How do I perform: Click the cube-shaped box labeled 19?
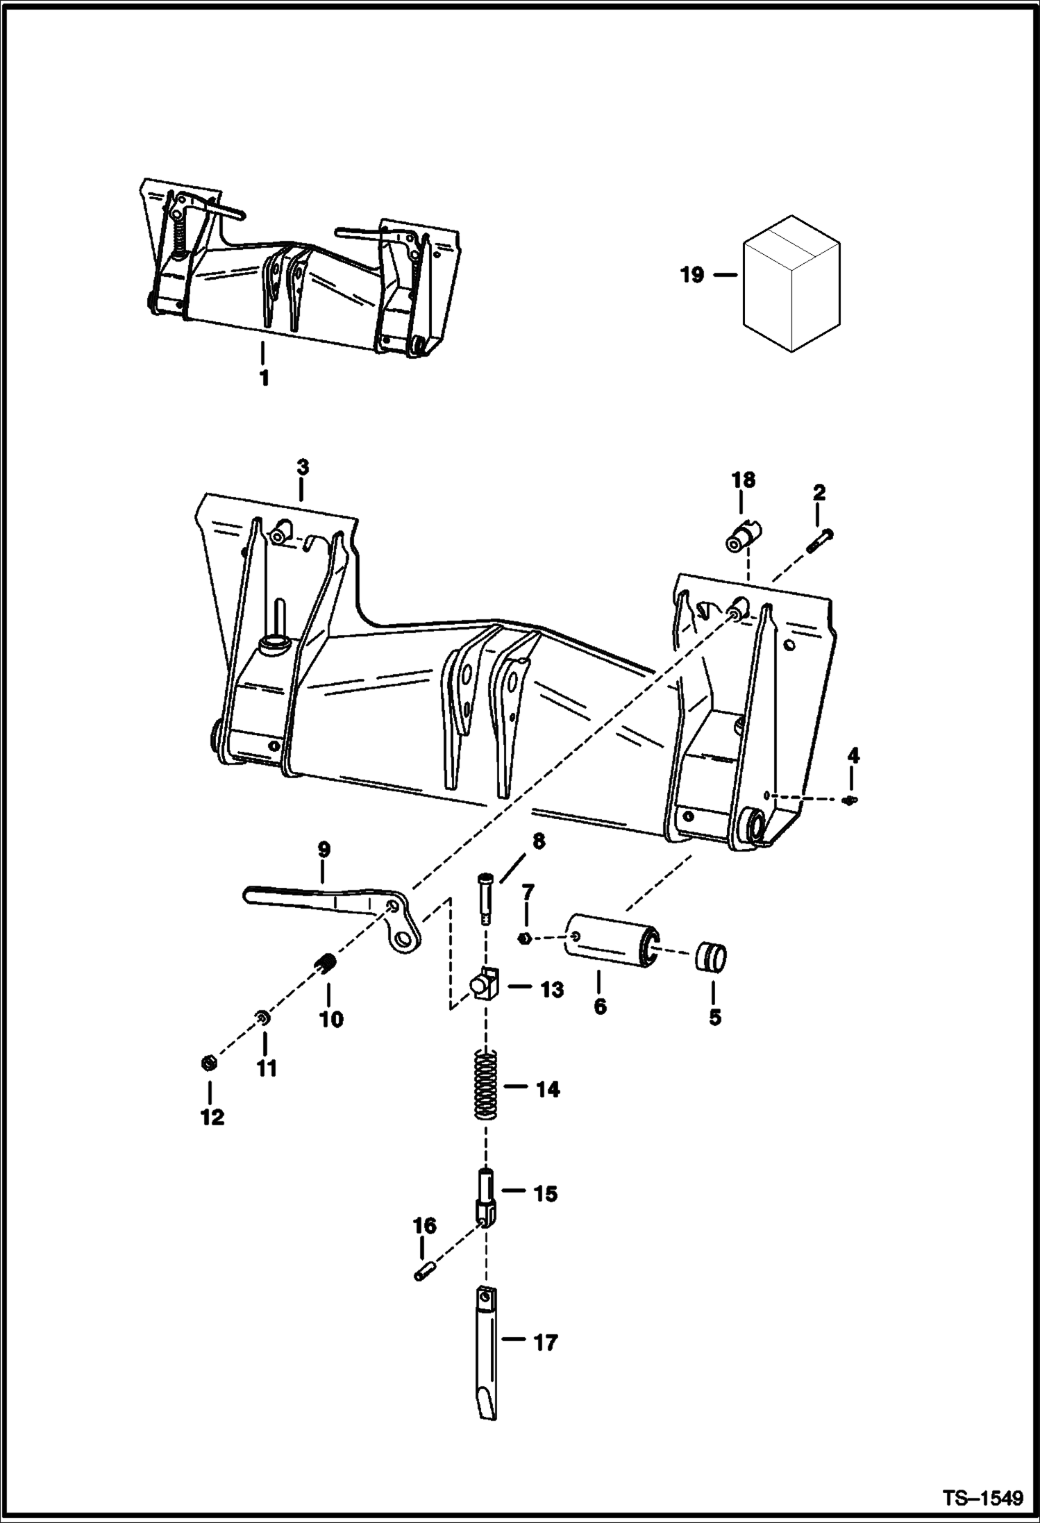(x=791, y=283)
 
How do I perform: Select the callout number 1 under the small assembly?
(x=264, y=379)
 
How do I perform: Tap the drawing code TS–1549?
(x=982, y=1498)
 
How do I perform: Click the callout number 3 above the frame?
(x=303, y=468)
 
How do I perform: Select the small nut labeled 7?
(x=526, y=939)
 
